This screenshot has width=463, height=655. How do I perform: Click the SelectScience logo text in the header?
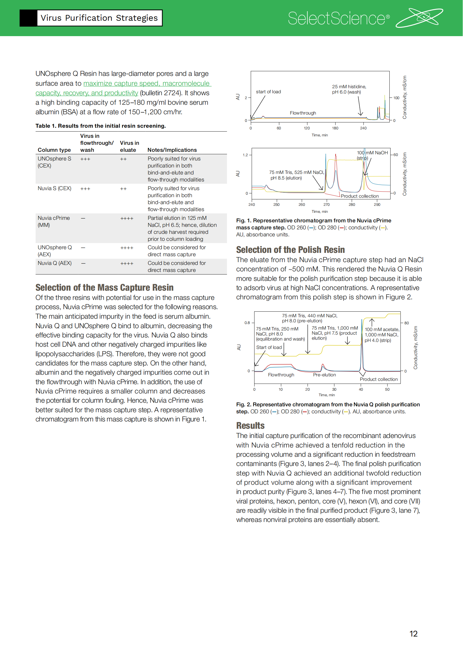pyautogui.click(x=338, y=18)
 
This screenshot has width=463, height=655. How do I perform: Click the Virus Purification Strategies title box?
pyautogui.click(x=99, y=18)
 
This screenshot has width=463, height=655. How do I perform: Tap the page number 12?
pyautogui.click(x=413, y=634)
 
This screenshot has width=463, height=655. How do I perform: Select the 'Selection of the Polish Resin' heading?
pyautogui.click(x=290, y=250)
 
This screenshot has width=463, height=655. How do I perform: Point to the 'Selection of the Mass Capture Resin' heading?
pyautogui.click(x=104, y=287)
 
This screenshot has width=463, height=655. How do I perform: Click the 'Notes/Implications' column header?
pyautogui.click(x=172, y=150)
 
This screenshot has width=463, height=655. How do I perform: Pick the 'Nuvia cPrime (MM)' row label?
pyautogui.click(x=53, y=222)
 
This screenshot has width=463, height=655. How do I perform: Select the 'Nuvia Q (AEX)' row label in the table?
pyautogui.click(x=55, y=263)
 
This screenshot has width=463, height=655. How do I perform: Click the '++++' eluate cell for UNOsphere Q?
pyautogui.click(x=127, y=248)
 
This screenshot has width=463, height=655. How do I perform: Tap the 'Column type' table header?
pyautogui.click(x=54, y=150)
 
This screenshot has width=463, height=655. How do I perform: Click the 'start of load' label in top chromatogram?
pyautogui.click(x=268, y=92)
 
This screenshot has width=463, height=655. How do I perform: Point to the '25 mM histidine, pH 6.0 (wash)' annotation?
pyautogui.click(x=349, y=89)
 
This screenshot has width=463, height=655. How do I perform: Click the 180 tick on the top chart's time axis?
pyautogui.click(x=335, y=128)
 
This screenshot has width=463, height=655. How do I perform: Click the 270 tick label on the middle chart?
pyautogui.click(x=326, y=204)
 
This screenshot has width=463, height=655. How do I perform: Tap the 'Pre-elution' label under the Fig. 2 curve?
pyautogui.click(x=324, y=375)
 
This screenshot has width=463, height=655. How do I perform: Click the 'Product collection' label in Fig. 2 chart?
pyautogui.click(x=378, y=379)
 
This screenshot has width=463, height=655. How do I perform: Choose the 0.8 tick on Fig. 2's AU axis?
pyautogui.click(x=247, y=323)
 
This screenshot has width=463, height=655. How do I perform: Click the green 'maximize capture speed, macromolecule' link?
pyautogui.click(x=147, y=83)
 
